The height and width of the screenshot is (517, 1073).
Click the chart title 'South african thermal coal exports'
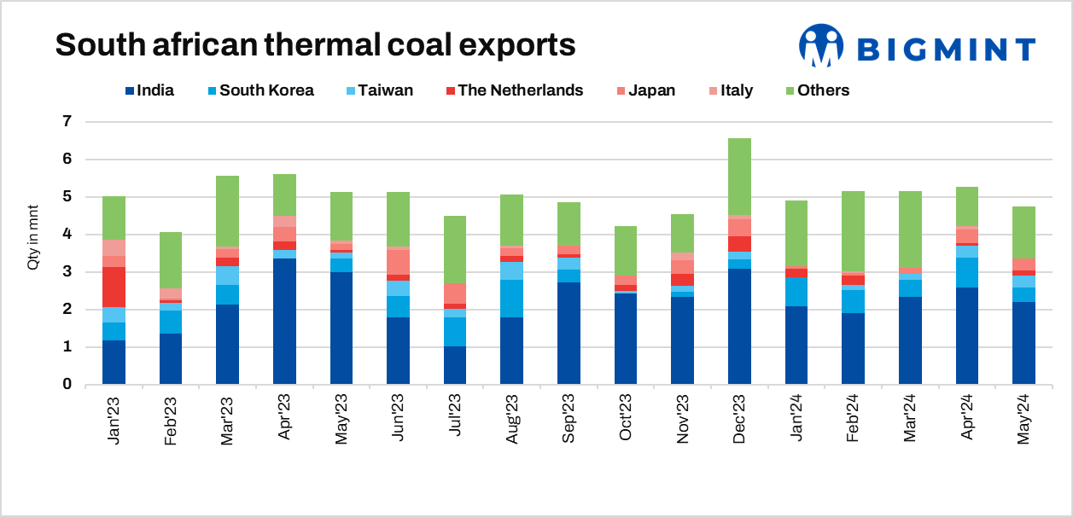[315, 44]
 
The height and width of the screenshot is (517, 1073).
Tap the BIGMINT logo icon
[820, 46]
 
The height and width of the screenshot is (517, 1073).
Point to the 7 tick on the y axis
[67, 121]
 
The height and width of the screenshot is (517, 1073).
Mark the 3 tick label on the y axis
[67, 272]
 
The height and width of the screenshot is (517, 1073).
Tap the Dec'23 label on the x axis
[740, 421]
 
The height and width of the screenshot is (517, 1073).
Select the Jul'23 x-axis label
[455, 420]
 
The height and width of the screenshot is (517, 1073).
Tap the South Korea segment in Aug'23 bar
[512, 299]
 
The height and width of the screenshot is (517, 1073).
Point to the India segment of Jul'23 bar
[455, 365]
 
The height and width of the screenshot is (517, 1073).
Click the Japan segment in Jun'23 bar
[398, 262]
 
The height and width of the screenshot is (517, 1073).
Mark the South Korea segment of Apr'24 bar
[967, 272]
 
